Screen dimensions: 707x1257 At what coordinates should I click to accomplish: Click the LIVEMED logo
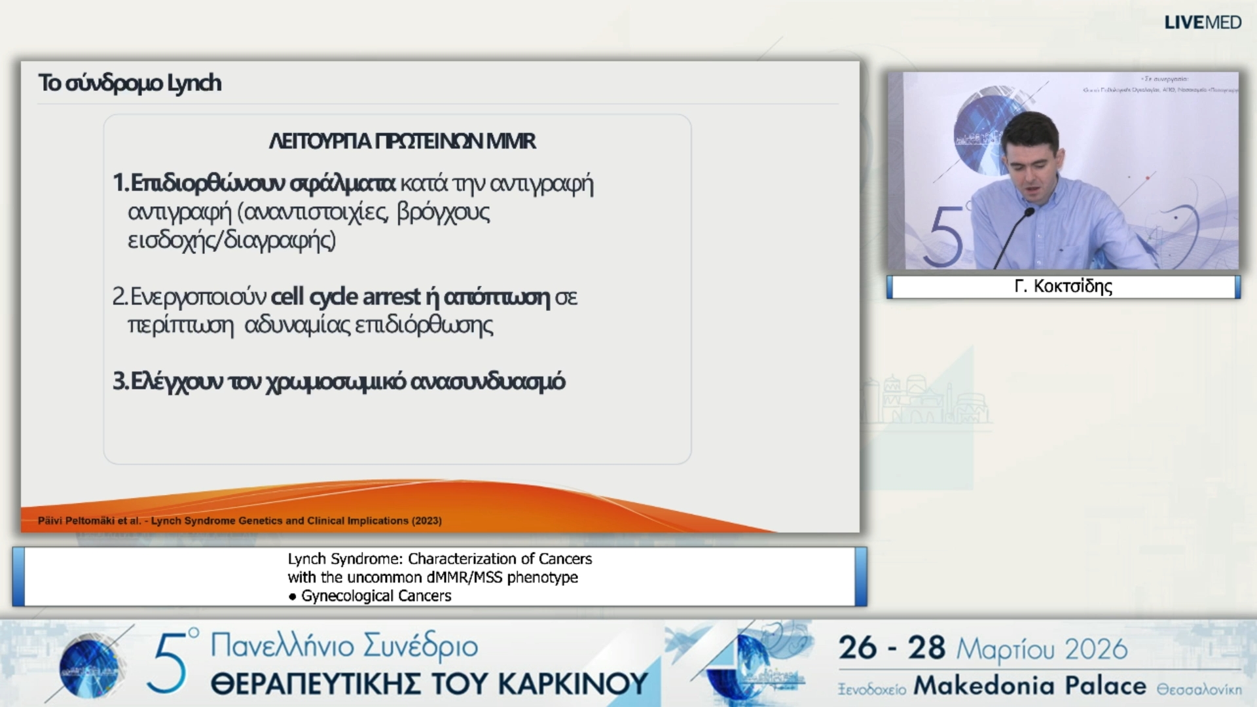pyautogui.click(x=1202, y=22)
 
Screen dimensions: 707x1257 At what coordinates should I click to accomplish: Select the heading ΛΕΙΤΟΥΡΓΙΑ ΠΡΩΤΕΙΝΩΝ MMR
pyautogui.click(x=402, y=141)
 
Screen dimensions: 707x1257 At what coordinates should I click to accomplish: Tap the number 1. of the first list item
pyautogui.click(x=120, y=183)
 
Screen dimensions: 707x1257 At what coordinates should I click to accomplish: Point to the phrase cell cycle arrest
pyautogui.click(x=345, y=297)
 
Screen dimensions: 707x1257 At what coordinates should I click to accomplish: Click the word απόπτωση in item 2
pyautogui.click(x=496, y=297)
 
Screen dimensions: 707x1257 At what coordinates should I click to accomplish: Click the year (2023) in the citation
pyautogui.click(x=426, y=521)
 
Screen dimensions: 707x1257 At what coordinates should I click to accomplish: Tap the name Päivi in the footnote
pyautogui.click(x=50, y=521)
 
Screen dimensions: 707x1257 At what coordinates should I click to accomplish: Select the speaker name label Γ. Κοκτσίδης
pyautogui.click(x=1063, y=287)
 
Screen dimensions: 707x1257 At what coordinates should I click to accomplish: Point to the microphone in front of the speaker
pyautogui.click(x=1029, y=213)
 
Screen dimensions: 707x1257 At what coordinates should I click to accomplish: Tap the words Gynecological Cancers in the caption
pyautogui.click(x=376, y=596)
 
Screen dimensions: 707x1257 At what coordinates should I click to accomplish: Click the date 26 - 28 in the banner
pyautogui.click(x=892, y=648)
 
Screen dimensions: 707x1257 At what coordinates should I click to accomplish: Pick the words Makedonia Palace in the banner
pyautogui.click(x=1029, y=686)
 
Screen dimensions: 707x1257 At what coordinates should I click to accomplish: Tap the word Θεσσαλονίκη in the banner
pyautogui.click(x=1199, y=689)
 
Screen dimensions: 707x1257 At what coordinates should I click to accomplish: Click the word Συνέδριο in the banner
pyautogui.click(x=420, y=645)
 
